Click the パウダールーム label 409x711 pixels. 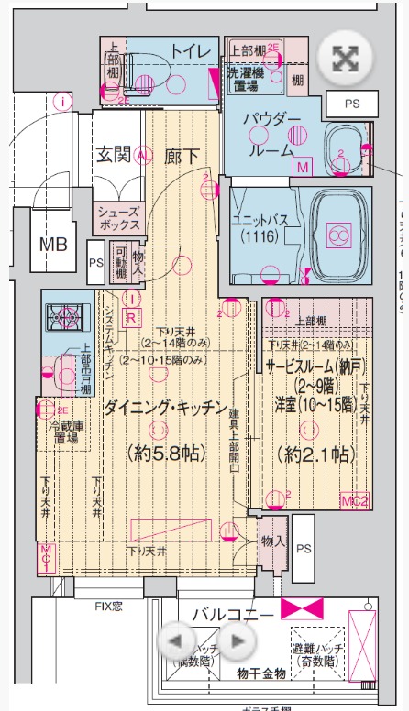click(x=271, y=135)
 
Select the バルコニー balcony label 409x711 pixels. click(x=230, y=613)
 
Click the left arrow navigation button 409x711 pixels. click(x=180, y=640)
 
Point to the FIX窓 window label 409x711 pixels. click(x=114, y=606)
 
